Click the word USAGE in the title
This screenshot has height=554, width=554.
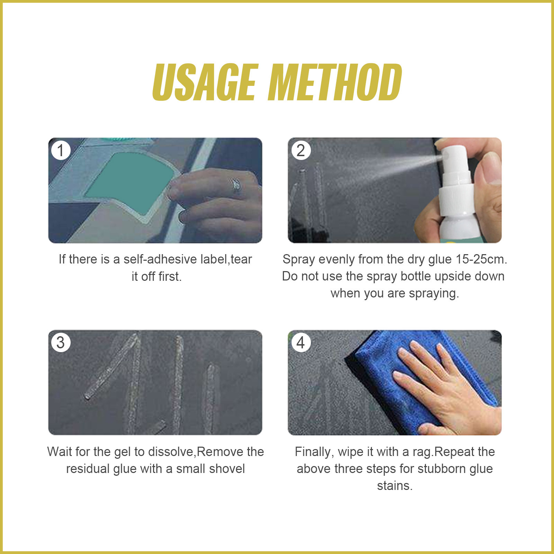(205, 82)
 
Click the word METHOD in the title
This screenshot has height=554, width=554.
(335, 82)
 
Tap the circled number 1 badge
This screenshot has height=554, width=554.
(61, 151)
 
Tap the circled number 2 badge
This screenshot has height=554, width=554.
(301, 151)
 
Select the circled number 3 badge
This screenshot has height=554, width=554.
(61, 343)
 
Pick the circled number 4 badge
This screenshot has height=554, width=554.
(301, 343)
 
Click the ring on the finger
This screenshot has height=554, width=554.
(236, 186)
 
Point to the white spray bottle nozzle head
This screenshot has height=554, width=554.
(454, 158)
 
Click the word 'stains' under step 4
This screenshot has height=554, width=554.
(394, 486)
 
